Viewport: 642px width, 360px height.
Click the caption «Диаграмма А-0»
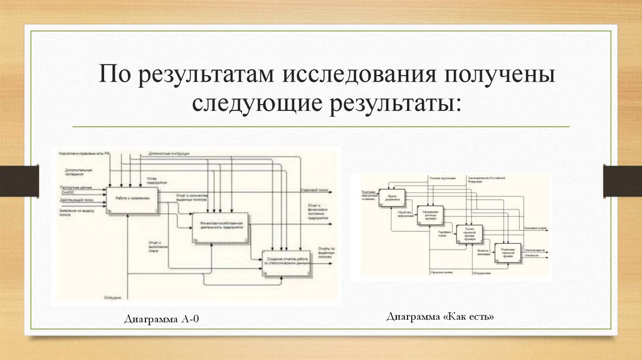[x=162, y=320]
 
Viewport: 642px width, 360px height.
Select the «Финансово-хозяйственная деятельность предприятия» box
[x=220, y=228]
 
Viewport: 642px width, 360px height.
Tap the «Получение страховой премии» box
[x=507, y=251]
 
